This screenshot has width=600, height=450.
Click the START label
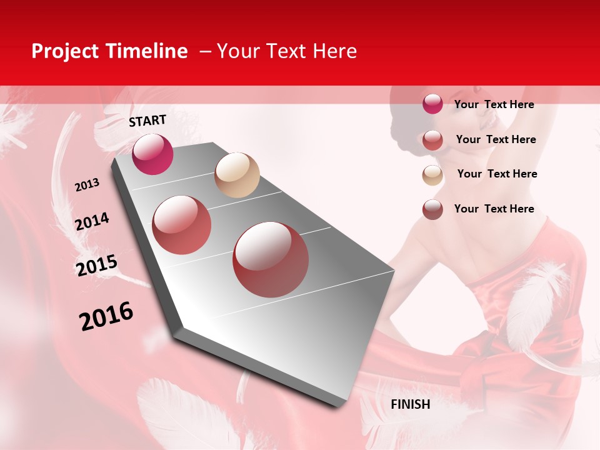click(x=147, y=121)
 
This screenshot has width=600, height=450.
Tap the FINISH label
click(x=410, y=404)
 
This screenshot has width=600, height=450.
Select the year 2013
click(x=87, y=185)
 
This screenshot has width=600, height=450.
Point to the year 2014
click(x=92, y=222)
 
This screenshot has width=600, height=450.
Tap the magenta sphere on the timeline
click(x=152, y=154)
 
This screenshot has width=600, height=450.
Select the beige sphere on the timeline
click(x=237, y=175)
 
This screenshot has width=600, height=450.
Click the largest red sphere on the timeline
click(x=271, y=259)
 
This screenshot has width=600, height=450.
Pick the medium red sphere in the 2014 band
click(x=182, y=225)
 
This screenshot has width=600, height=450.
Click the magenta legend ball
click(x=432, y=104)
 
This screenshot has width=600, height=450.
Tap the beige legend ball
click(x=432, y=175)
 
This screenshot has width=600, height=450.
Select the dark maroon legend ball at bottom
click(x=432, y=209)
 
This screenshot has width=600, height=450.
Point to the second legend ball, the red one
click(x=432, y=140)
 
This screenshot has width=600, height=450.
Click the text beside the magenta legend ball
click(x=494, y=104)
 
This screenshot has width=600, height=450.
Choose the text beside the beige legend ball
click(x=497, y=174)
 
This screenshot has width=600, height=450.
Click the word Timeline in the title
click(x=147, y=51)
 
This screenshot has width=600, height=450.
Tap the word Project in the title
click(x=64, y=51)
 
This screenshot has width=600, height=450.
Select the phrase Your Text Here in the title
click(x=287, y=51)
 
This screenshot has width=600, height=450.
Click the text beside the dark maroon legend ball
click(x=494, y=209)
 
